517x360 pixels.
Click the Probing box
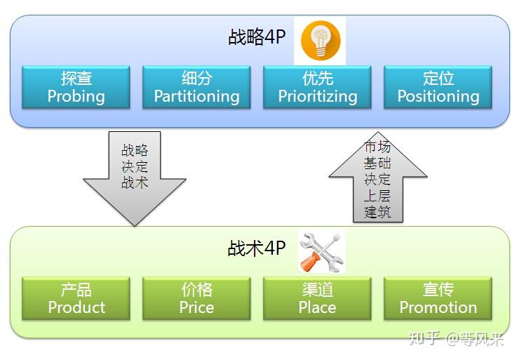coord(76,87)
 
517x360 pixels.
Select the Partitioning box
coord(196,87)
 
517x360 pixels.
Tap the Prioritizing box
coord(317,87)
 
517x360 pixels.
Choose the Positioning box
coord(438,87)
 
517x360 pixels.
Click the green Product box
coord(76,298)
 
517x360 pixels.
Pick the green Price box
coord(196,298)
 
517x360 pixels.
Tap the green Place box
coord(317,298)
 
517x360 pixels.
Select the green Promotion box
coord(438,298)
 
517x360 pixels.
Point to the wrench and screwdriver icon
coord(321,251)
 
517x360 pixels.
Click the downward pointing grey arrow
coord(134,179)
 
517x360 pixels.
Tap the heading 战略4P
coord(257,37)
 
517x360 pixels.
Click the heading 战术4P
coord(257,248)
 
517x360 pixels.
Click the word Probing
coord(76,96)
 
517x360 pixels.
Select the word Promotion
coord(438,307)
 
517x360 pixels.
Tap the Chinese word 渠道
coord(317,290)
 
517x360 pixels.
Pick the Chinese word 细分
coord(196,78)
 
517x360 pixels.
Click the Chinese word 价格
coord(196,290)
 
